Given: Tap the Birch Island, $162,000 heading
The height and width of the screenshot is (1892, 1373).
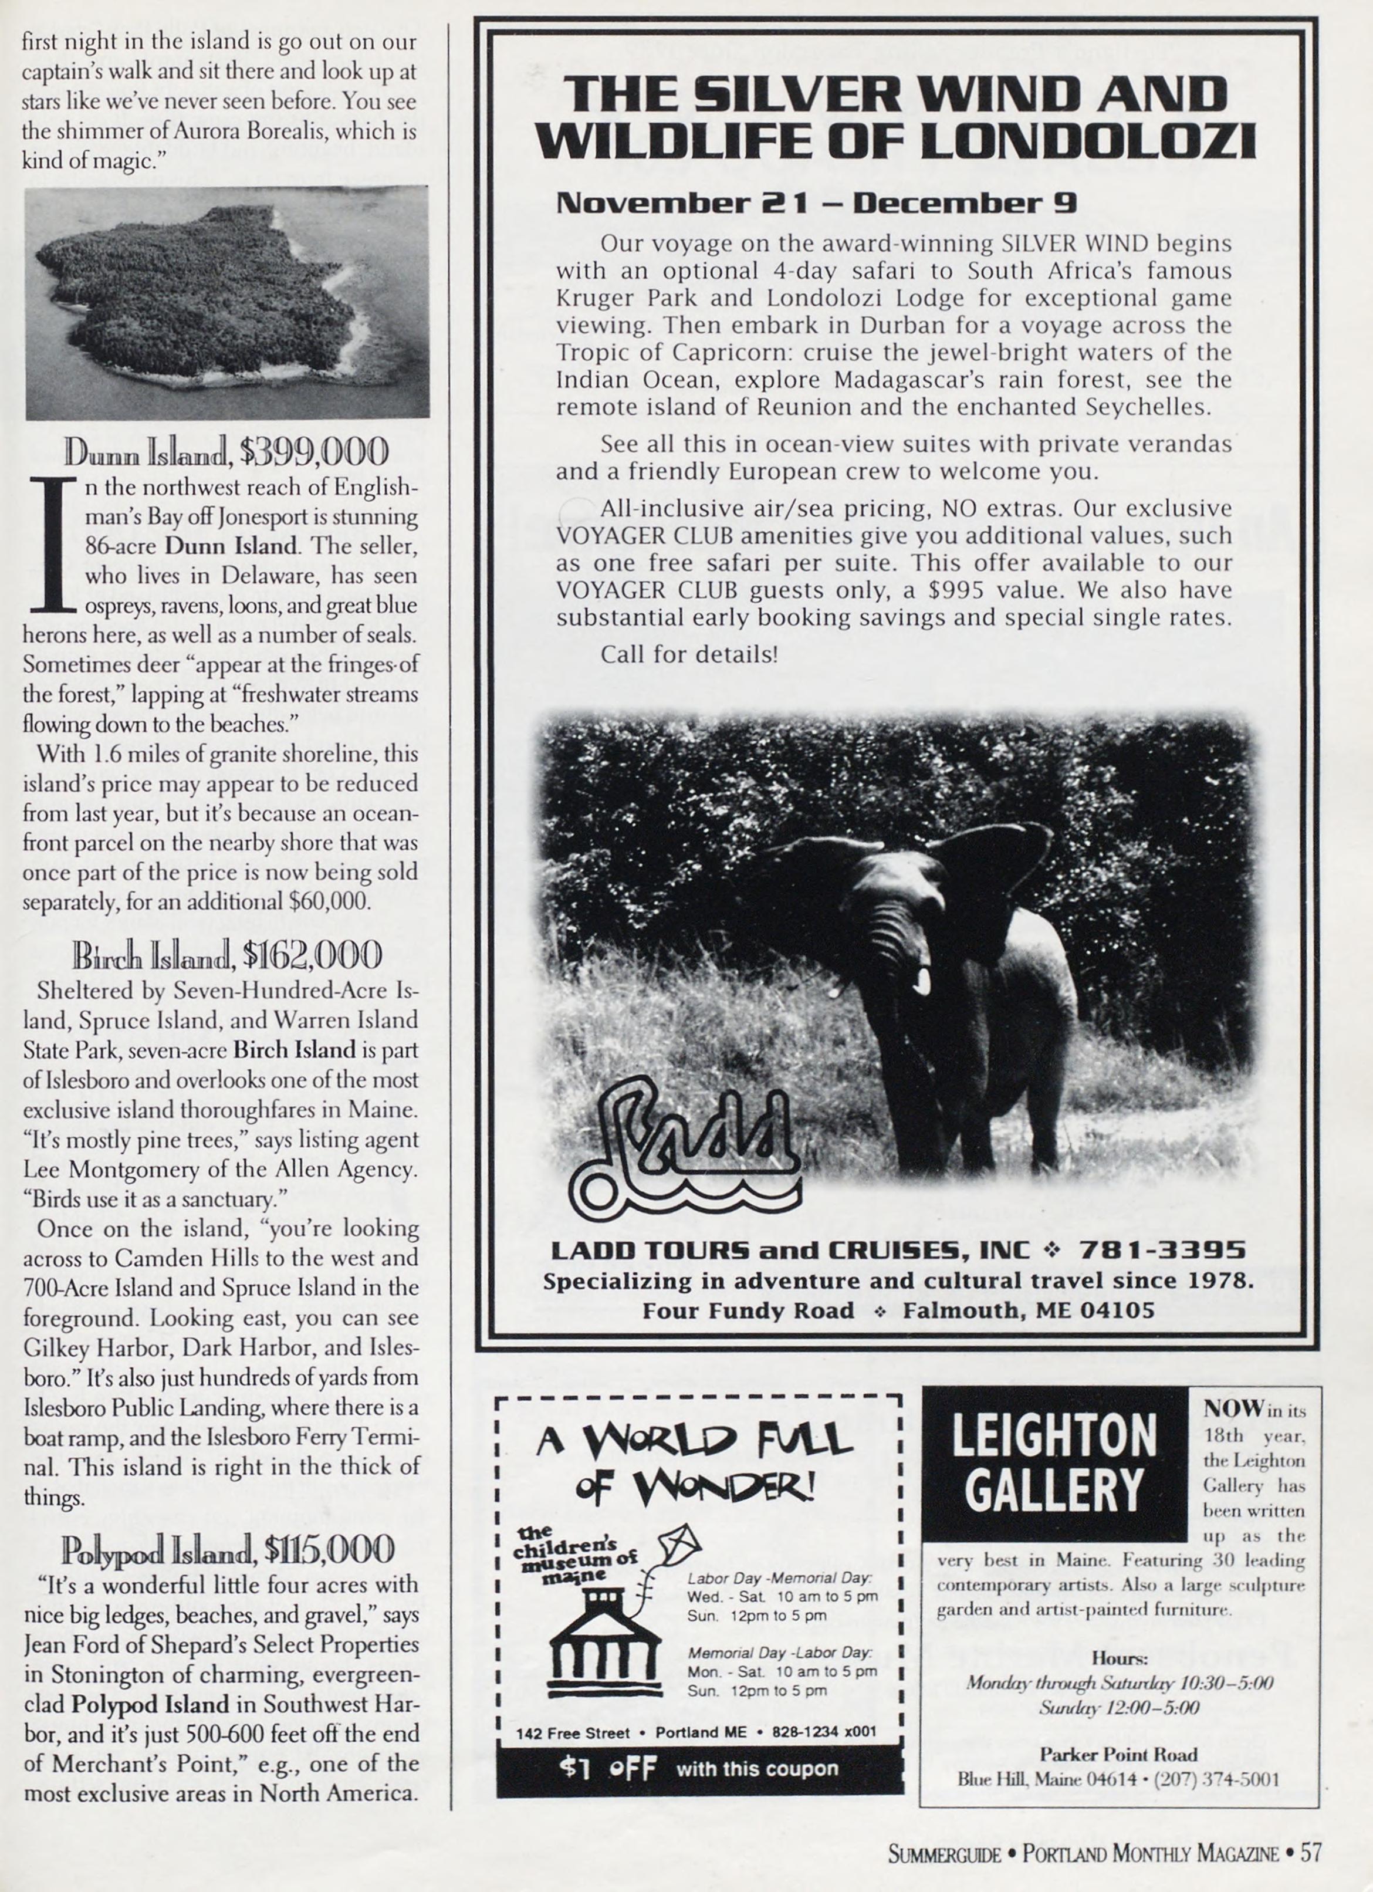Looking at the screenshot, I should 227,955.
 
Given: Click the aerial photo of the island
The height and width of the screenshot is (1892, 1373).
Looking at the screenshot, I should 226,302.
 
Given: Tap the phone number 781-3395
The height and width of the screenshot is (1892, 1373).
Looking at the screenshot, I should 1162,1251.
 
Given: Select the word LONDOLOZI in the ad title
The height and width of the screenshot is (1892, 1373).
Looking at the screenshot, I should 1087,140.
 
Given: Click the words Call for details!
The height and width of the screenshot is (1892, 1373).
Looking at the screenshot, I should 688,654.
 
